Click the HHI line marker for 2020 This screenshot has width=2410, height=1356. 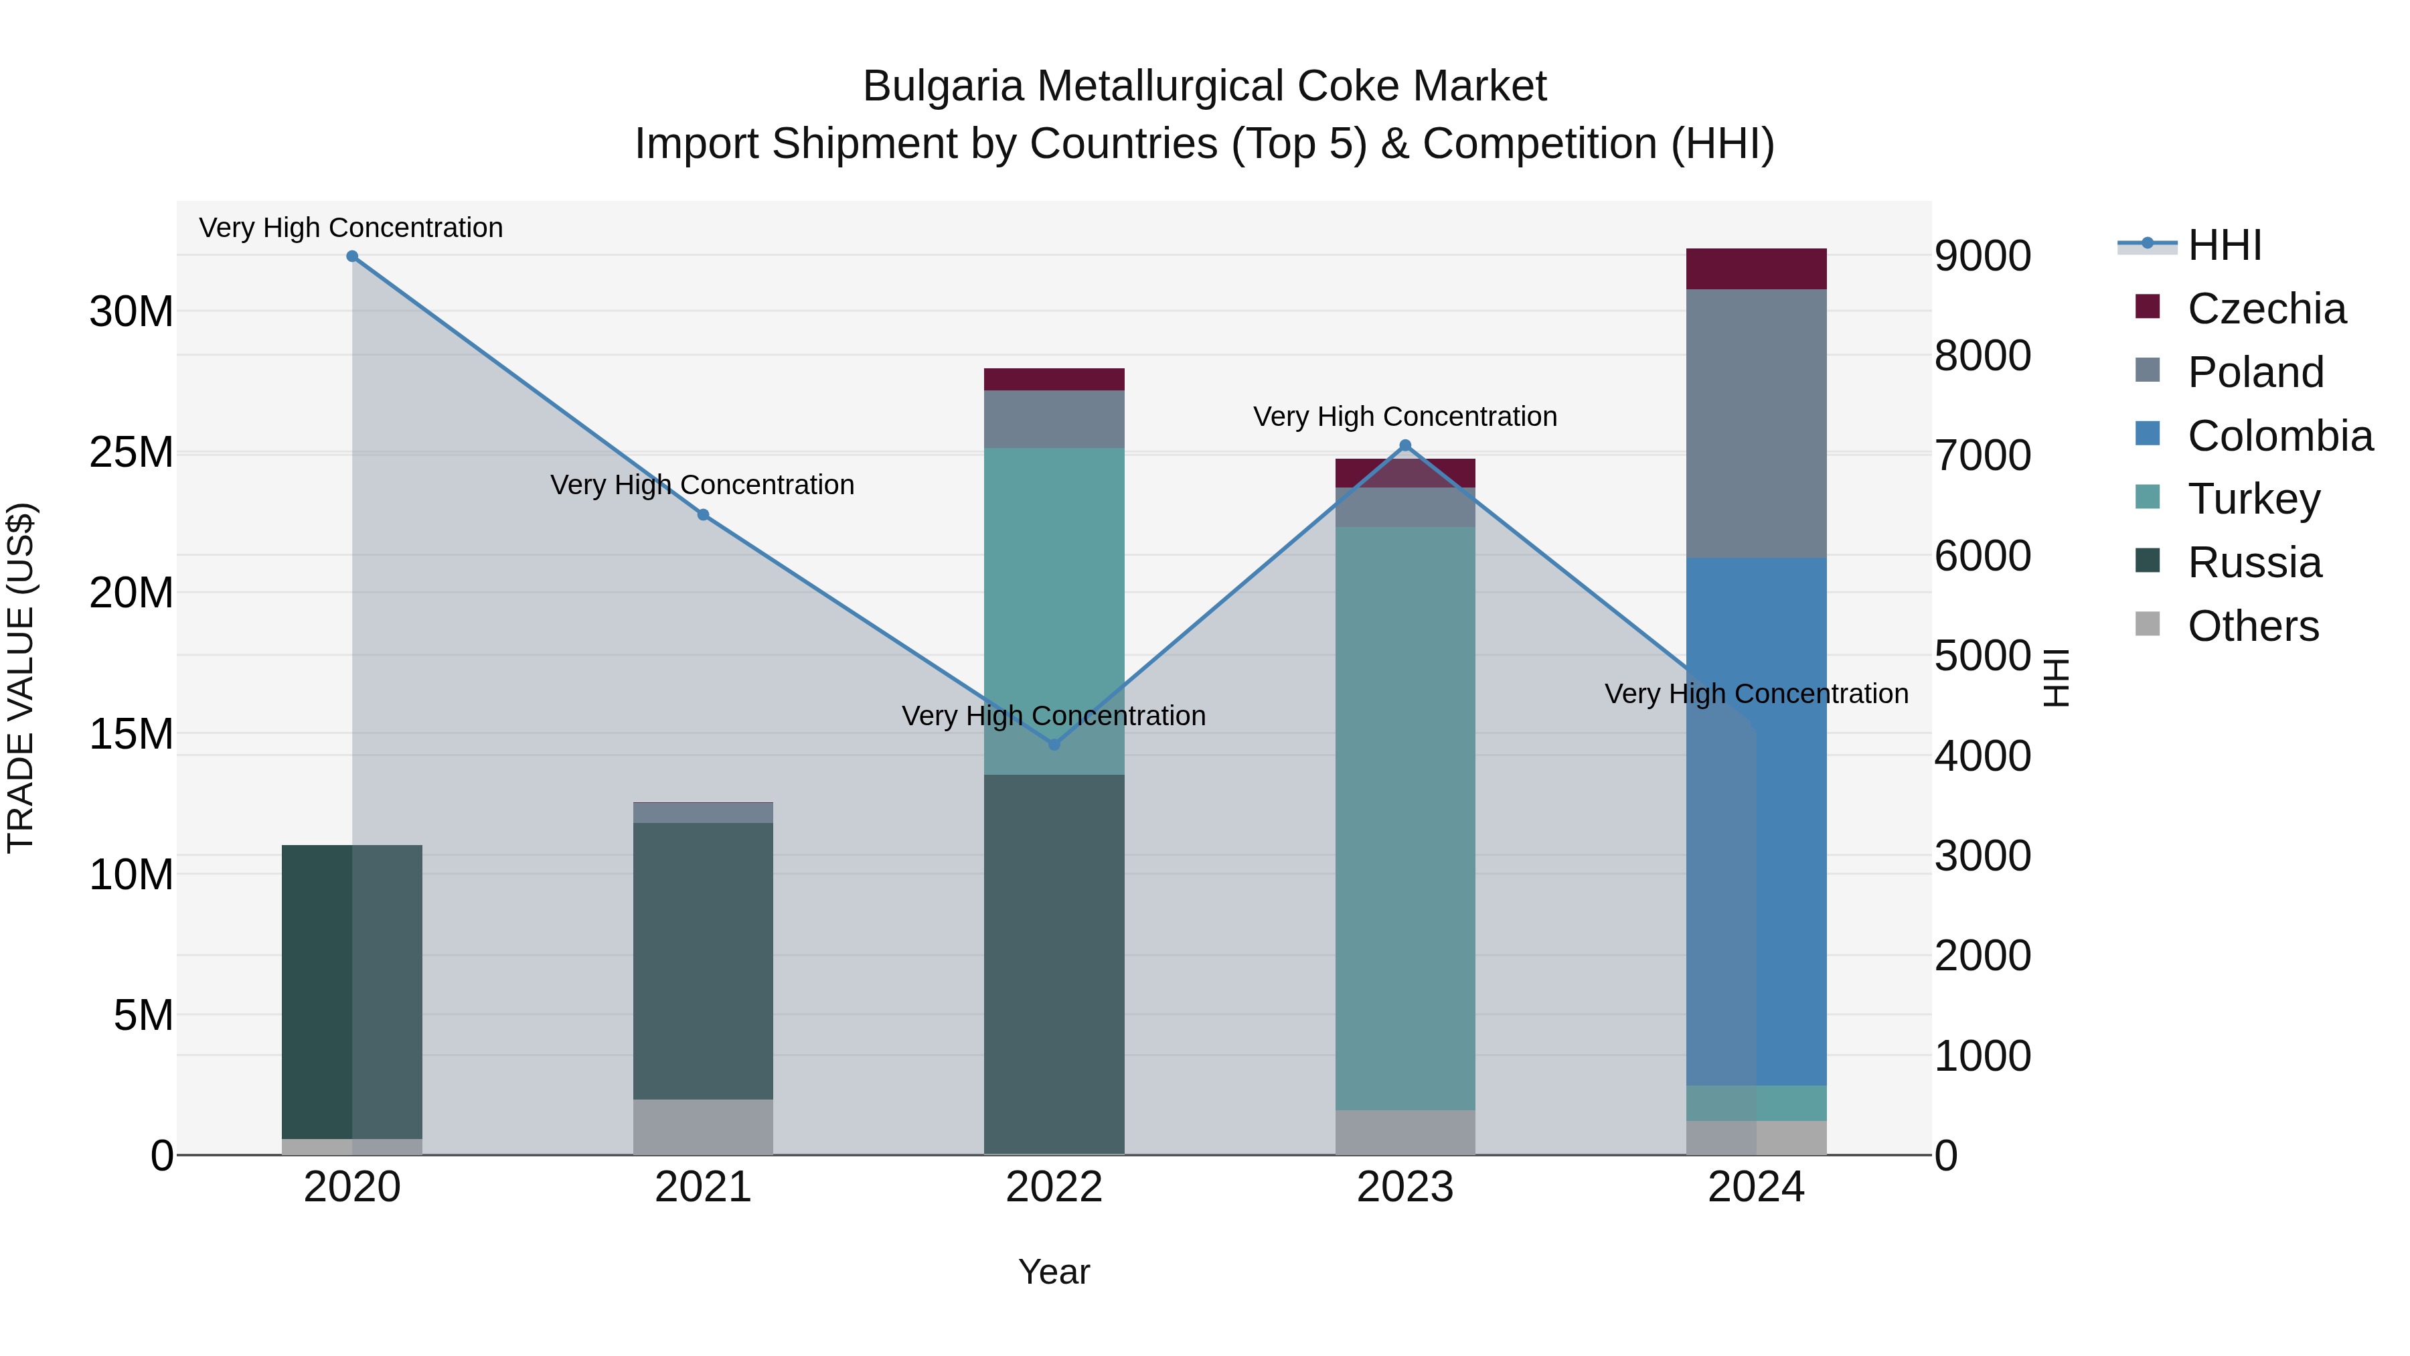coord(351,256)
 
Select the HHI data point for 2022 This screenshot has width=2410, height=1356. coord(1054,744)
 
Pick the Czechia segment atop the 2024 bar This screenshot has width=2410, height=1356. coord(1756,269)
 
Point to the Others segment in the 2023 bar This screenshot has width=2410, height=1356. coord(1404,1132)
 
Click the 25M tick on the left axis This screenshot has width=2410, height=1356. coord(131,452)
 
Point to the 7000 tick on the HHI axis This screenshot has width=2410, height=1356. coord(1982,456)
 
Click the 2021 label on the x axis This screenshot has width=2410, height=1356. coord(703,1187)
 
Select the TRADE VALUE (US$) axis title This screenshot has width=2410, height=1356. coord(21,678)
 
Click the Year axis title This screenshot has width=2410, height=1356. coord(1054,1272)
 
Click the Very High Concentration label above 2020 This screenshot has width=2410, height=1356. coord(351,228)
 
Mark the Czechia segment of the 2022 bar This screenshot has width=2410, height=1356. coord(1054,379)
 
